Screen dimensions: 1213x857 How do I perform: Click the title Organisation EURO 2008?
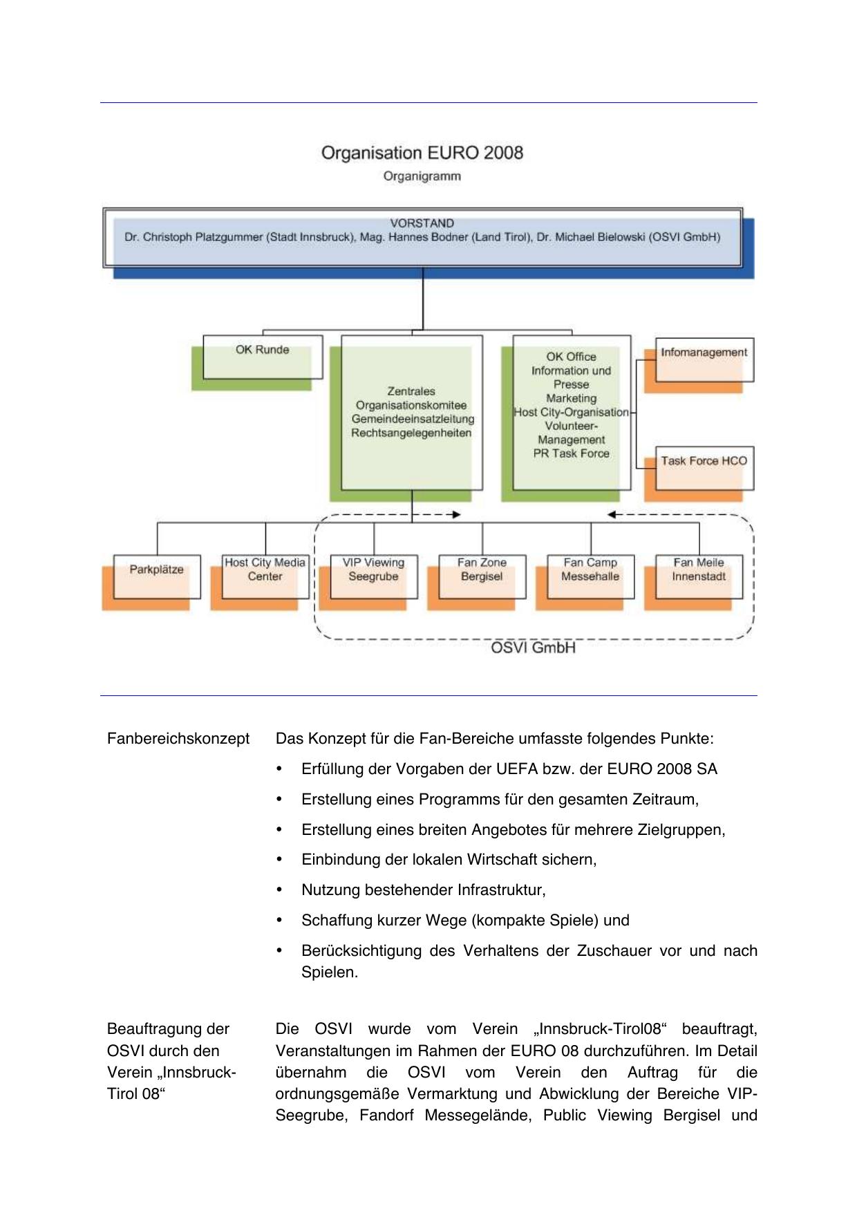pos(422,153)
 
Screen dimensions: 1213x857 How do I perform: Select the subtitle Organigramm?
pos(422,176)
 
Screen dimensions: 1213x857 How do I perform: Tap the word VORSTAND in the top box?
pos(422,223)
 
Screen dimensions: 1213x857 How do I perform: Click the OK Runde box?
pos(263,357)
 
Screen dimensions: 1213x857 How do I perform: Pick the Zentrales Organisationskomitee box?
pos(412,412)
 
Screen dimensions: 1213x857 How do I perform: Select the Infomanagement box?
pos(704,359)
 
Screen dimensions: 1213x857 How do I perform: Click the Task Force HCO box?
pos(704,468)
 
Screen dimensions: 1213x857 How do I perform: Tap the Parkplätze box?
pos(157,576)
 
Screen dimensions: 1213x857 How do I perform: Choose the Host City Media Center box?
pos(265,576)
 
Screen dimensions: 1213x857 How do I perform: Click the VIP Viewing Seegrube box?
pos(374,576)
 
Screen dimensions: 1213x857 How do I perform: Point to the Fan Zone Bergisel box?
pos(482,576)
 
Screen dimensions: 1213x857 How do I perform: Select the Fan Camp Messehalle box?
pos(590,576)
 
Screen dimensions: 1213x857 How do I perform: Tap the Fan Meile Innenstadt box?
pos(699,576)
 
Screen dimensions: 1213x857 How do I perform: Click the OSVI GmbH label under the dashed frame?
pos(533,648)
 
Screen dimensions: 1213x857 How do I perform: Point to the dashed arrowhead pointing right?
pos(456,514)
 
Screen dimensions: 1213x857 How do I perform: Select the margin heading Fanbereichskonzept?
pos(178,739)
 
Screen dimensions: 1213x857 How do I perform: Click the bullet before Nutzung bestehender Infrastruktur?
pos(279,890)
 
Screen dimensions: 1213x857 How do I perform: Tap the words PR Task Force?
pos(572,453)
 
